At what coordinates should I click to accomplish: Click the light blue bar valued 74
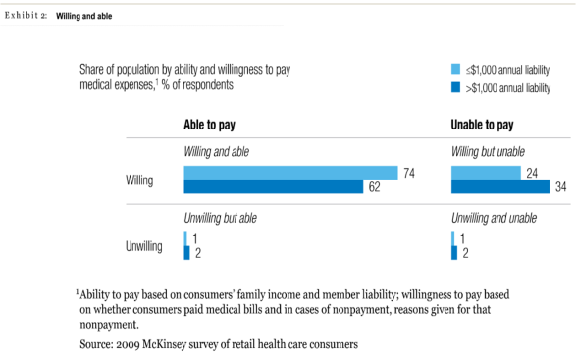point(290,173)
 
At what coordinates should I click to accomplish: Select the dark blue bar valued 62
point(275,187)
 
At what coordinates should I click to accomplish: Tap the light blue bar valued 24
point(486,173)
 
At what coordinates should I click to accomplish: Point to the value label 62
point(374,187)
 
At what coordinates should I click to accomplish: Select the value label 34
point(561,187)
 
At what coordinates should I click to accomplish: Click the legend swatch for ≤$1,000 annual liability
point(454,70)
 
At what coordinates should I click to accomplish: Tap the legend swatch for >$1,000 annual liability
point(454,87)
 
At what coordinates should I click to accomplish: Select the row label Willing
point(139,180)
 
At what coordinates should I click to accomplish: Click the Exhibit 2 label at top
point(27,17)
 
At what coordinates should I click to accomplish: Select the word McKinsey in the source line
point(196,345)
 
